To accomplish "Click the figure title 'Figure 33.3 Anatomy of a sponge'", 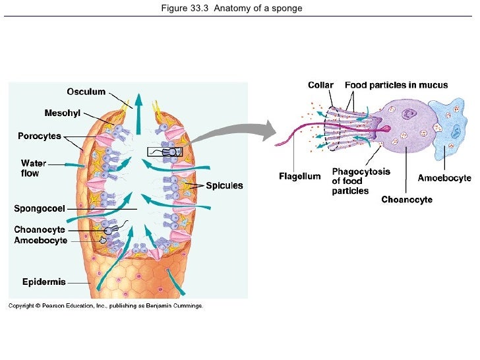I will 240,9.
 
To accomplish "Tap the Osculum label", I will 86,92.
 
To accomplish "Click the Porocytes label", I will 39,136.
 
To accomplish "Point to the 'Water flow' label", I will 32,168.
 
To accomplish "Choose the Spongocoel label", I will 39,209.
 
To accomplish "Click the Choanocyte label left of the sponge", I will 40,229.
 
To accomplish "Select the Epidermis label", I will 44,282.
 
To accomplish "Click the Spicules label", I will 224,186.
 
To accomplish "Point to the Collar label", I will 320,85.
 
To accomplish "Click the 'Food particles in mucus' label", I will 396,85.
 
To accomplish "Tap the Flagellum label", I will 299,176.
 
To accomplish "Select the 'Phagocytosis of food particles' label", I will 360,181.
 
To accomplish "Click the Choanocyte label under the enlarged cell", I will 407,199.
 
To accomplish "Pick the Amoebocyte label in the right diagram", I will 444,178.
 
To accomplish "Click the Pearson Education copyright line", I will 105,306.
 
